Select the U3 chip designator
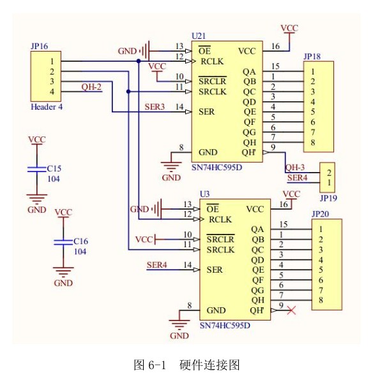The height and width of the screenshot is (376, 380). (x=204, y=193)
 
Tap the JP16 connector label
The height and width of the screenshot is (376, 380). (x=39, y=46)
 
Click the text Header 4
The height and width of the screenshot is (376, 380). (x=47, y=107)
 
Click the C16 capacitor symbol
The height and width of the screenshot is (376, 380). (x=63, y=242)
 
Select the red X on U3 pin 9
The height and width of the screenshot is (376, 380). (x=292, y=310)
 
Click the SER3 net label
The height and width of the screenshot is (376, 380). (x=155, y=106)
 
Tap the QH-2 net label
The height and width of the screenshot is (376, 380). (x=91, y=87)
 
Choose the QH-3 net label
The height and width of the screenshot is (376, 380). (x=295, y=168)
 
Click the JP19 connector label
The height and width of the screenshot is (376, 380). (x=328, y=198)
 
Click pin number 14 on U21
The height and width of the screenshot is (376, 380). (x=179, y=106)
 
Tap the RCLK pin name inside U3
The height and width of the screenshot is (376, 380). (x=220, y=219)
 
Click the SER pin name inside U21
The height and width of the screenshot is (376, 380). (x=206, y=112)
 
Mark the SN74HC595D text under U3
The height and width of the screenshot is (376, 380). (x=225, y=325)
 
